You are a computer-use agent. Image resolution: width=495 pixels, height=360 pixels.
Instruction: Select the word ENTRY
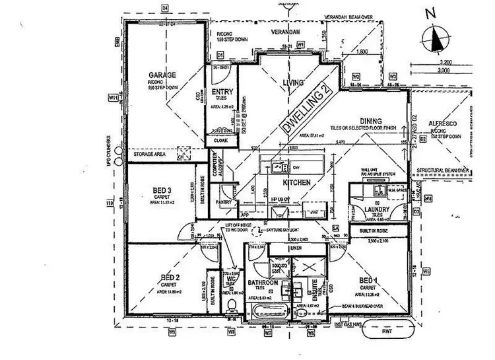coord(220,92)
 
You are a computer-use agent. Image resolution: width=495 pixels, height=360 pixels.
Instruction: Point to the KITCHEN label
coord(297,180)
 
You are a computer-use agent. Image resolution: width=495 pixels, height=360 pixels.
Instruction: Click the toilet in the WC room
coord(230,305)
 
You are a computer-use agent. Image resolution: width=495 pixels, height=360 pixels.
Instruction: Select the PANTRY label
coord(223,203)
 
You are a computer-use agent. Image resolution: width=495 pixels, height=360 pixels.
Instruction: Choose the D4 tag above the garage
coord(166,7)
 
